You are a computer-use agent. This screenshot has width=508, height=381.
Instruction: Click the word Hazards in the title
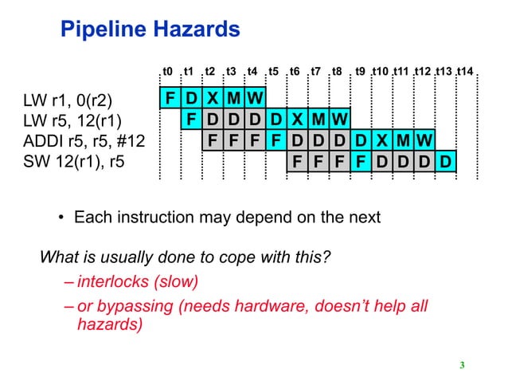(x=192, y=30)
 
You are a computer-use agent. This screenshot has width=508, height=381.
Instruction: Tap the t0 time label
(x=167, y=72)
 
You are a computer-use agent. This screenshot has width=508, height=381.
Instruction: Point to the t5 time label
(x=273, y=72)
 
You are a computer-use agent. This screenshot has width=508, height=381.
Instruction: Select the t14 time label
(x=465, y=72)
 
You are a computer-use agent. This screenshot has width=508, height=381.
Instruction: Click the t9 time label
(x=360, y=72)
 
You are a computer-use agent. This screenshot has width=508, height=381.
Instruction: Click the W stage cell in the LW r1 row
(x=254, y=100)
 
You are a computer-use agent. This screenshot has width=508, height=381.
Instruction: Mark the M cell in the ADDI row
(x=403, y=142)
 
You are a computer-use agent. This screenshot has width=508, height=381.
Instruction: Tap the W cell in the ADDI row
(x=424, y=142)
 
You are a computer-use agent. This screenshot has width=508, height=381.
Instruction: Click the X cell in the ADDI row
(x=381, y=142)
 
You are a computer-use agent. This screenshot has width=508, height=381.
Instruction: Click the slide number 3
(x=462, y=366)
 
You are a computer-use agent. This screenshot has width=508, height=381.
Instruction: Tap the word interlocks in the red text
(x=111, y=282)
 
